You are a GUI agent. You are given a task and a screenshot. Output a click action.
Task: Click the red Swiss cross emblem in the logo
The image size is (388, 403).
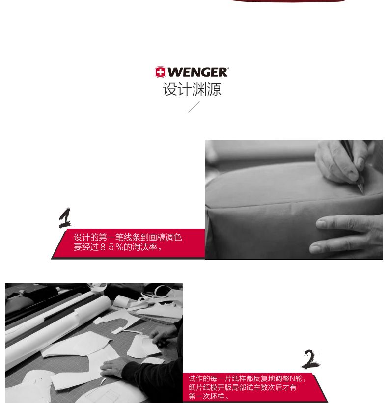160,72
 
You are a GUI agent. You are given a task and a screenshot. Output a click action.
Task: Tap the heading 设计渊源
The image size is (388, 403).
192,89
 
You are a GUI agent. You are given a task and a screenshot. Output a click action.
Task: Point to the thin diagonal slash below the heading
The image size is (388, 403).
194,107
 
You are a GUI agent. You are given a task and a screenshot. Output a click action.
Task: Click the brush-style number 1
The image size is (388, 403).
65,218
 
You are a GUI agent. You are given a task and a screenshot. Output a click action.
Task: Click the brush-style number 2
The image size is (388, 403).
310,359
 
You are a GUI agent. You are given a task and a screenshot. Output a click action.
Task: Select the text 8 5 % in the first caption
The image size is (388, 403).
111,247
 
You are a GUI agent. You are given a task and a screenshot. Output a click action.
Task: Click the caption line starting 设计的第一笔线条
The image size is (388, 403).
128,237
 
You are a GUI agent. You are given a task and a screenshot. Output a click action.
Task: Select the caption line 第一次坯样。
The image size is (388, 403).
209,396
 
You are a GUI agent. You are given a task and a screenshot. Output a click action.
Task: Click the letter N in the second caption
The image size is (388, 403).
292,378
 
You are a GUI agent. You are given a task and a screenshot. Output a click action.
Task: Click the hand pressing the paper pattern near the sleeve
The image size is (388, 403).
113,368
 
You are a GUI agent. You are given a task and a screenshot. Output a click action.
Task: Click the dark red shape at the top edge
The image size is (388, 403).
288,1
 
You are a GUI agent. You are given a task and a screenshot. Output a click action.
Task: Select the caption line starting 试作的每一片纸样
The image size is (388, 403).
248,379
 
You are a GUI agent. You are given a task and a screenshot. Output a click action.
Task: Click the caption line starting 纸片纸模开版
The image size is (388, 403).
242,387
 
